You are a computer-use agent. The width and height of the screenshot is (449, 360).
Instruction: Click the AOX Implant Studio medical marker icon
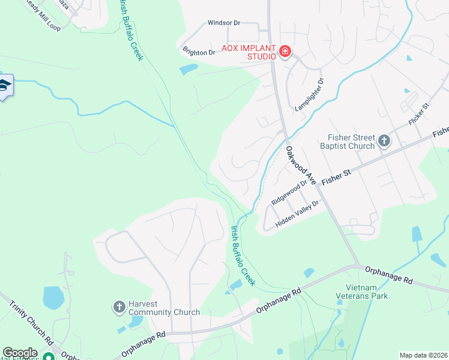pos(285,53)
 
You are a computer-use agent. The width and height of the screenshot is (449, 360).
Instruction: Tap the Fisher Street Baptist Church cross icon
pos(384,142)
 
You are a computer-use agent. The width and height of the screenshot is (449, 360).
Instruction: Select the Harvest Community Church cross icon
pos(119,307)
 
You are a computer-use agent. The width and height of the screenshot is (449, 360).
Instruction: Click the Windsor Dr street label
pos(223,23)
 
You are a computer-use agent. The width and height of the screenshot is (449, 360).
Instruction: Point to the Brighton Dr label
pos(199,52)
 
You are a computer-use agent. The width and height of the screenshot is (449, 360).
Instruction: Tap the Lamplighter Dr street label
pos(310,95)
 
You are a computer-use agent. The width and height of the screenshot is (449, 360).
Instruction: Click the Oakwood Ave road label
pos(301,165)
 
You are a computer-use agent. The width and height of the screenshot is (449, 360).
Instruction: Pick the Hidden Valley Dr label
pos(297,214)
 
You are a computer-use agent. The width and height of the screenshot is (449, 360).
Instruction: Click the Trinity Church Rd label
pos(32,320)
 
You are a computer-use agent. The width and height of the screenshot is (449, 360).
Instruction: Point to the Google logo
pos(20,353)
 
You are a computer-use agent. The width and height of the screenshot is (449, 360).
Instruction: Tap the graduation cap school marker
pos(4,86)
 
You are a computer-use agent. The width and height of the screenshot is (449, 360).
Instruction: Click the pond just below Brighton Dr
pos(188,69)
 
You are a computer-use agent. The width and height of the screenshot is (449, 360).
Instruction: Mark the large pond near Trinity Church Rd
pos(53,296)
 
